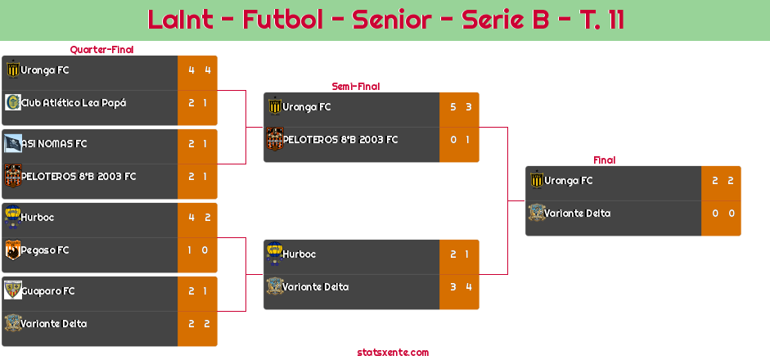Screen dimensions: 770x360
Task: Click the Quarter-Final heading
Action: point(101,50)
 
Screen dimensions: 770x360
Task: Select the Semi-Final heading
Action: point(356,87)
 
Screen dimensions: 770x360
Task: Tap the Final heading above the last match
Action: point(605,160)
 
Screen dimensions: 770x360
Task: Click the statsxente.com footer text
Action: point(393,352)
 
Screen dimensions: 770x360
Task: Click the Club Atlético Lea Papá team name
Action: point(74,103)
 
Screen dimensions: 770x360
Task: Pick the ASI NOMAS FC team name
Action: point(54,144)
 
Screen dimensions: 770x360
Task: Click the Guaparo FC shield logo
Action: point(13,290)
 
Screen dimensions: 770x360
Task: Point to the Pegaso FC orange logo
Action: point(13,250)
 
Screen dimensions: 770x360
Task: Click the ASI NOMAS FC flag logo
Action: point(13,143)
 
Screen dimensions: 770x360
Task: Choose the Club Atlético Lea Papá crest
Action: point(13,102)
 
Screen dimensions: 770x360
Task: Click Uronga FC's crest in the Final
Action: point(537,179)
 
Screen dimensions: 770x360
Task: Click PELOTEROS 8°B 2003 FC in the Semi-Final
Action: point(340,140)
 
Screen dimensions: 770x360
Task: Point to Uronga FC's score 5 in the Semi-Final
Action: point(453,107)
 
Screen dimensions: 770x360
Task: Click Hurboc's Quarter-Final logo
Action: point(13,217)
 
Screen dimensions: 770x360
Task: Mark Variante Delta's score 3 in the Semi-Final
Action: point(453,287)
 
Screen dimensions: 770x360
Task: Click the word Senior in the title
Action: point(392,20)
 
